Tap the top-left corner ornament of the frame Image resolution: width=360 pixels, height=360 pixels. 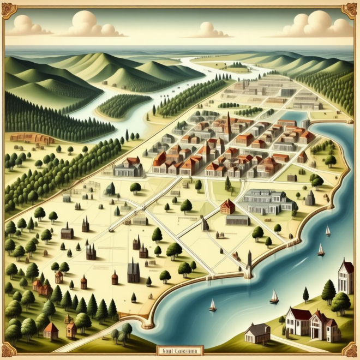pos(9,9)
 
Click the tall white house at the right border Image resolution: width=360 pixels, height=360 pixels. pos(345,277)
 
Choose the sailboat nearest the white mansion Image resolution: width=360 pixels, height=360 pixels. pos(274,297)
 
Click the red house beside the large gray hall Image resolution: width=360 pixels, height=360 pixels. pos(227,206)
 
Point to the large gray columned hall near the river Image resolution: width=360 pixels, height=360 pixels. pos(267,201)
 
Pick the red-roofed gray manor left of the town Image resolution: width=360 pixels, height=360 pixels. pos(129,167)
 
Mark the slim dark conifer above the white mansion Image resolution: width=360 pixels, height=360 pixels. pos(305,295)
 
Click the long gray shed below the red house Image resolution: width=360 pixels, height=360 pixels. pos(237,220)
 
